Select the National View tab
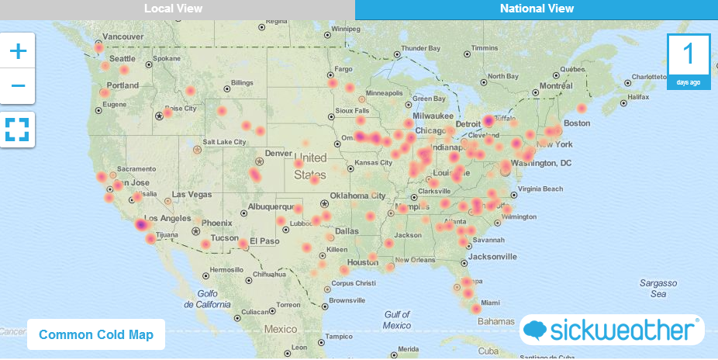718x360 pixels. click(x=537, y=9)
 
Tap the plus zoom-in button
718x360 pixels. click(x=18, y=52)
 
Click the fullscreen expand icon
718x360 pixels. click(x=17, y=129)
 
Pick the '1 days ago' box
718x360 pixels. click(x=688, y=61)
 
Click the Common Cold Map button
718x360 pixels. click(x=96, y=335)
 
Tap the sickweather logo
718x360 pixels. click(x=612, y=331)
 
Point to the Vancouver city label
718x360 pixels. click(x=123, y=36)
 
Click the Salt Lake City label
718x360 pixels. click(x=224, y=142)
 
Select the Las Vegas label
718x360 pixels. click(x=191, y=194)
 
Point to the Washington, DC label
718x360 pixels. click(x=542, y=163)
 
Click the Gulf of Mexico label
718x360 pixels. click(x=397, y=320)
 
